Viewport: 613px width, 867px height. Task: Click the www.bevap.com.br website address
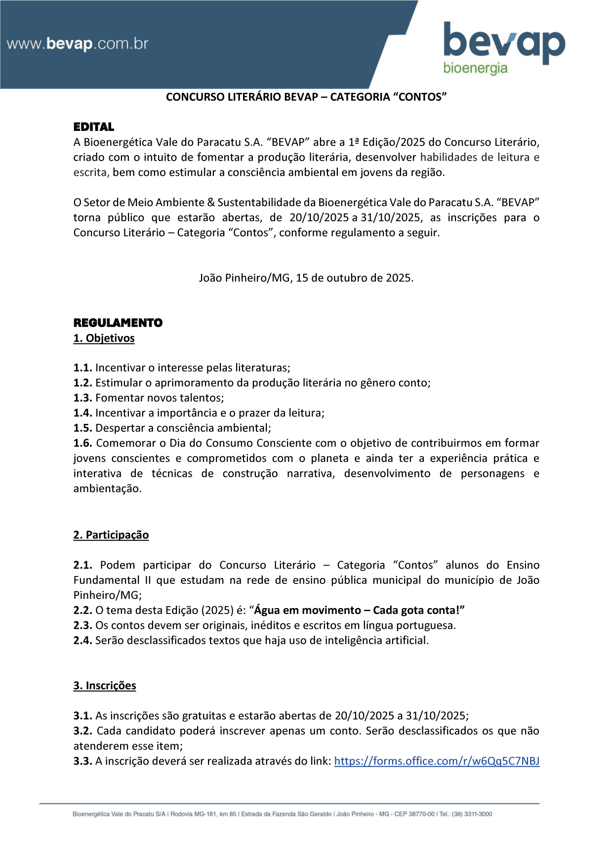click(78, 44)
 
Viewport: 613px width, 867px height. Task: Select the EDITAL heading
click(94, 127)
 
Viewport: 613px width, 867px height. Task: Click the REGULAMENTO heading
click(118, 323)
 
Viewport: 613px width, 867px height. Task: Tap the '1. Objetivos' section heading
click(104, 338)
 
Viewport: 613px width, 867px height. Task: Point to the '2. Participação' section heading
click(111, 535)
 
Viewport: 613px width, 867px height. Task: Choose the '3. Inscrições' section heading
click(105, 686)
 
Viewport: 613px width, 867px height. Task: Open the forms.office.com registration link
click(437, 761)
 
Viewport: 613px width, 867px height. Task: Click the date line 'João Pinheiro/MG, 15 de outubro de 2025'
click(306, 278)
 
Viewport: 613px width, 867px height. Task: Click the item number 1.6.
click(82, 443)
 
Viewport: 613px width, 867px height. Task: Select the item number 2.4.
click(82, 641)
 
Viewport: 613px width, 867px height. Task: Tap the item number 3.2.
click(82, 731)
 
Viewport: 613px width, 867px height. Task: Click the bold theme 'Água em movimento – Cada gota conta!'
click(359, 611)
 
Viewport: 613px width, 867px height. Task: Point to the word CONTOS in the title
click(419, 97)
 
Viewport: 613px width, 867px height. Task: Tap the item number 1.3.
click(82, 398)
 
